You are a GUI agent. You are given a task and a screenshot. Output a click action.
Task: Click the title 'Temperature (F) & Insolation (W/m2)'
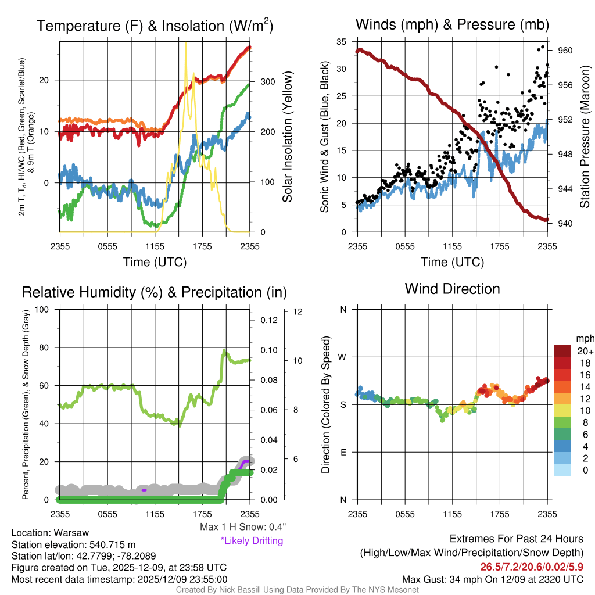click(x=155, y=26)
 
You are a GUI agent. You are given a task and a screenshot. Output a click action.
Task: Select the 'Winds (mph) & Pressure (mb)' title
click(x=452, y=24)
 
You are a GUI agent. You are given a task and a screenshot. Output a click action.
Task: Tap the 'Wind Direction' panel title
click(x=452, y=289)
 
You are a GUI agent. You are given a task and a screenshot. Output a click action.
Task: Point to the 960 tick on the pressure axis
click(x=566, y=51)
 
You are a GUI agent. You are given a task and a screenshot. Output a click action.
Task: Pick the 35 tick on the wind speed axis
click(x=342, y=42)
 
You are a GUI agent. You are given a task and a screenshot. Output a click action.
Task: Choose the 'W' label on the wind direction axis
click(x=343, y=357)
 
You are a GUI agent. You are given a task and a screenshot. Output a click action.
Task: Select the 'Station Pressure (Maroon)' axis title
click(x=585, y=137)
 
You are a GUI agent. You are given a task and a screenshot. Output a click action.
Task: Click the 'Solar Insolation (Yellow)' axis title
click(x=287, y=137)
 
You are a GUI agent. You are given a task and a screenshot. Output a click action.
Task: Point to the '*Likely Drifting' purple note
click(x=252, y=541)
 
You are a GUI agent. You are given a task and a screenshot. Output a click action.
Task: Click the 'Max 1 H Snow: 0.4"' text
click(x=242, y=527)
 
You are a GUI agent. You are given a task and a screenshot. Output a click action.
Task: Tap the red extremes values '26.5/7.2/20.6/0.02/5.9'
click(x=532, y=567)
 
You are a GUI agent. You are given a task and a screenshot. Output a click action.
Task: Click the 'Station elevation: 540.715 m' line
click(x=73, y=544)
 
